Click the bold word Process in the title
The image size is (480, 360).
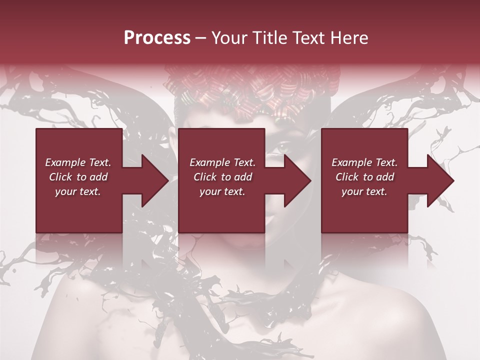(x=157, y=38)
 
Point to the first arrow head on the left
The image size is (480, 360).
(x=154, y=180)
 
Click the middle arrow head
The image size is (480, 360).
(x=296, y=180)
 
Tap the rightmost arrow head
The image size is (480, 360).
(x=439, y=180)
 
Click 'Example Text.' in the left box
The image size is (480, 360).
(x=78, y=162)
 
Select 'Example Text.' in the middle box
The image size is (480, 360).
(x=222, y=162)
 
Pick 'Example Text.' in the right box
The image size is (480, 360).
(x=364, y=162)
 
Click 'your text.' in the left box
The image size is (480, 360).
(x=78, y=191)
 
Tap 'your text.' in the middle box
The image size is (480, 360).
(x=222, y=191)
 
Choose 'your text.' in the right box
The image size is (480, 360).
(x=364, y=191)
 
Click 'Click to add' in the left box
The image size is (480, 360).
(x=78, y=177)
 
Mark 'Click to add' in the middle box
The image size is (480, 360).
(x=222, y=177)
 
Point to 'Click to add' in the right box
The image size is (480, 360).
(x=364, y=177)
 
